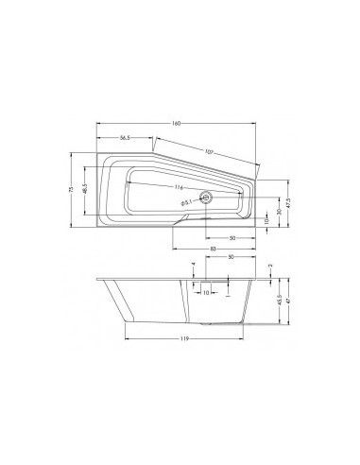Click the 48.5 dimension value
pyautogui.click(x=84, y=190)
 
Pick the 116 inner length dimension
pyautogui.click(x=179, y=187)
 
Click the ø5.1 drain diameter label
pyautogui.click(x=186, y=201)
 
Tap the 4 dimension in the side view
pyautogui.click(x=193, y=266)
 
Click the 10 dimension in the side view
pyautogui.click(x=206, y=292)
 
